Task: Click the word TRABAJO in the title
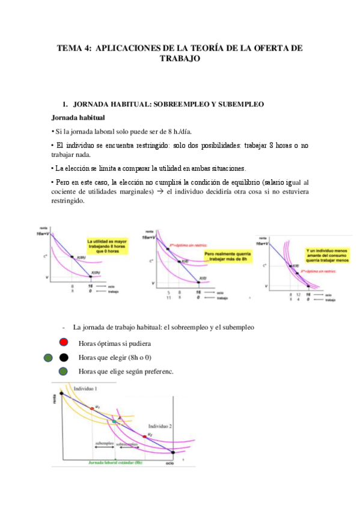179,59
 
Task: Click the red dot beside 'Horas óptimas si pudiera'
63,343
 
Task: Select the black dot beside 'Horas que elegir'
63,358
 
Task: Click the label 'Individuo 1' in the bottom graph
86,390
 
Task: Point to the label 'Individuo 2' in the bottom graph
159,425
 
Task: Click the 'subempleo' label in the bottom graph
105,443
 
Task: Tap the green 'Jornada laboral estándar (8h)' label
115,462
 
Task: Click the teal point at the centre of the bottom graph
114,422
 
